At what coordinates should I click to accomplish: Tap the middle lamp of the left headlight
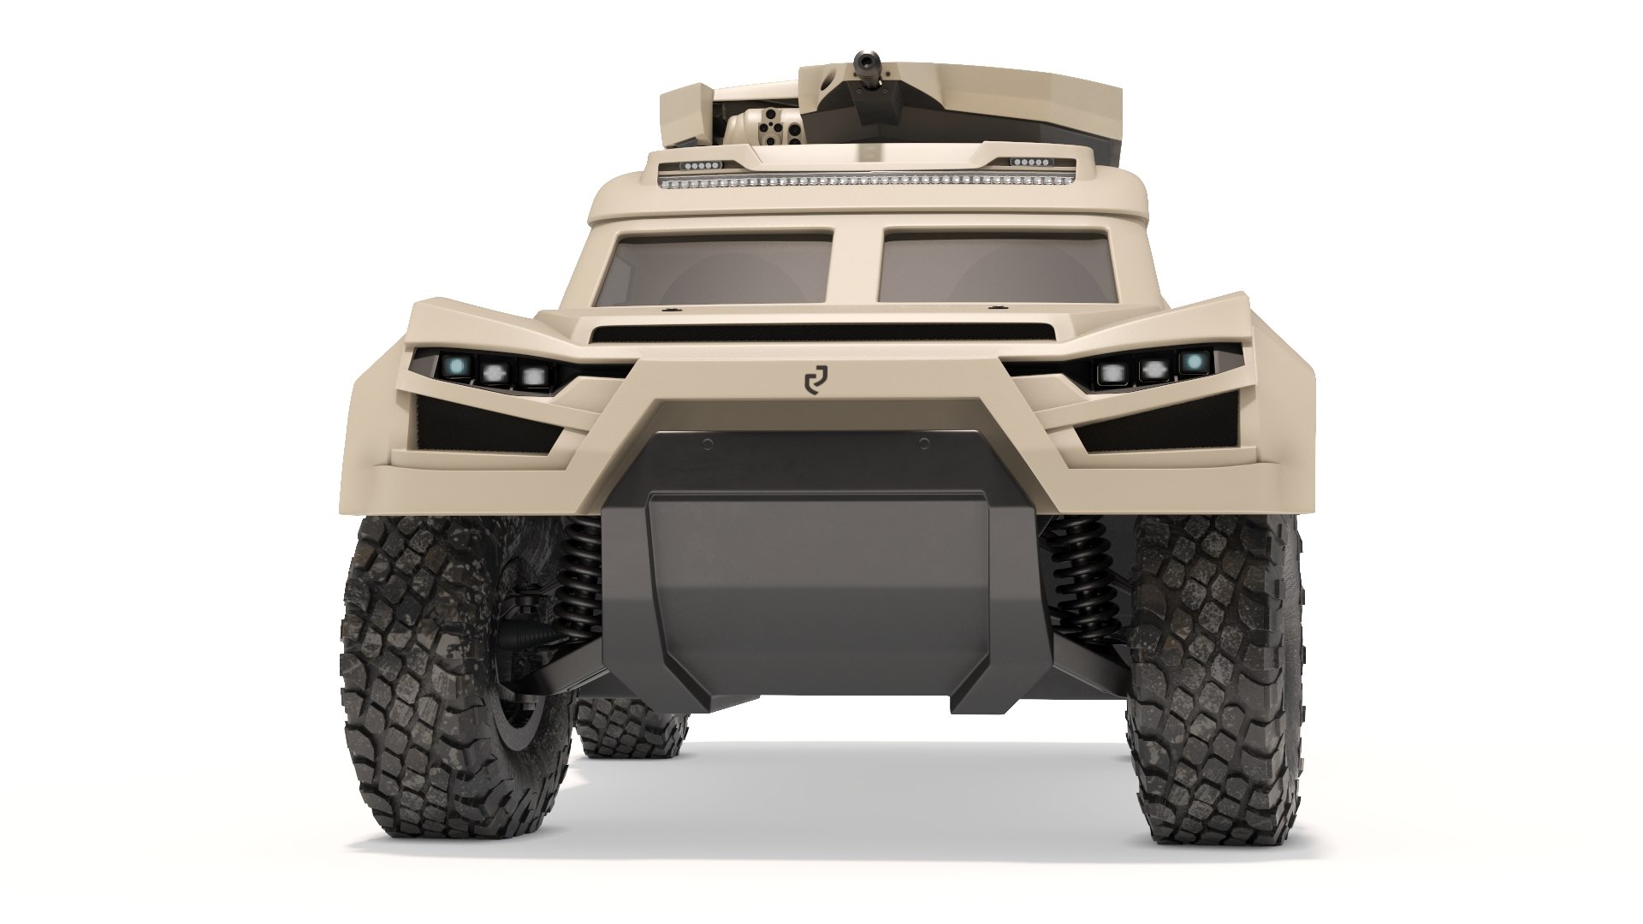click(495, 372)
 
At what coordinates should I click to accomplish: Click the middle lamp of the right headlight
click(1152, 370)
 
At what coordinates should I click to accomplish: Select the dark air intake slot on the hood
click(821, 333)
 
